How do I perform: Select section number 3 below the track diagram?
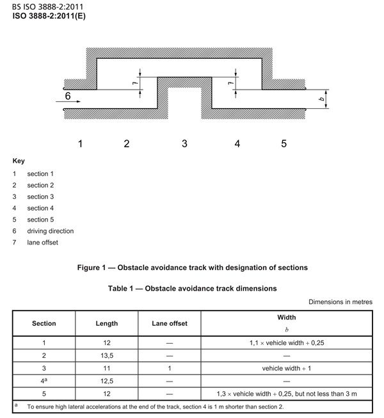coord(184,143)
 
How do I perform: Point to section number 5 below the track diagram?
coord(284,143)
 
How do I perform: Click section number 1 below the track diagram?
coord(81,143)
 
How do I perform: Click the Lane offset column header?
coord(170,323)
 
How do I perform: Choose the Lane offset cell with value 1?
coord(170,368)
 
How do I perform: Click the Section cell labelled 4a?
coord(44,382)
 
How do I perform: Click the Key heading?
coord(19,161)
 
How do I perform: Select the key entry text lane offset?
coord(47,243)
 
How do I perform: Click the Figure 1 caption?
coord(192,267)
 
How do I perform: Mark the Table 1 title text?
coord(192,288)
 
